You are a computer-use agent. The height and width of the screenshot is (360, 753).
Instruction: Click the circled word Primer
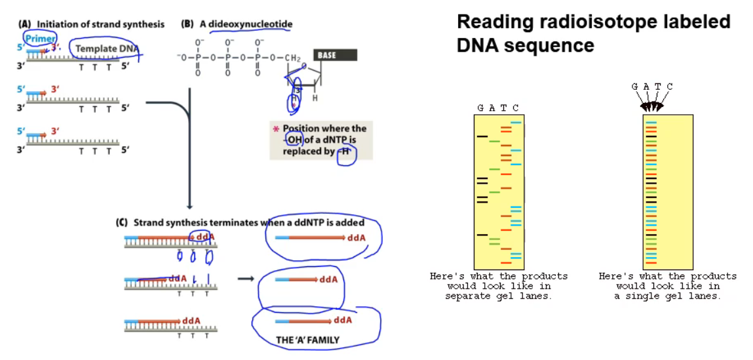tap(40, 39)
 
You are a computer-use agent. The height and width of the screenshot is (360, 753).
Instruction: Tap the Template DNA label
tap(106, 49)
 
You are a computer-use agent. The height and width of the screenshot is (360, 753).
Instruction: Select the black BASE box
tap(335, 55)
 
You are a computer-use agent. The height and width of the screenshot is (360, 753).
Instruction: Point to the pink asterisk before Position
tap(276, 129)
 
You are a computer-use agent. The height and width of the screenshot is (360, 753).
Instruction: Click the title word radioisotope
tap(580, 22)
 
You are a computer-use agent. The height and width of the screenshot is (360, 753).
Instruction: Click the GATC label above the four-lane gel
tap(498, 108)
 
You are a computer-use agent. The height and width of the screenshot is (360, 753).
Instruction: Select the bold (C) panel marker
tap(121, 223)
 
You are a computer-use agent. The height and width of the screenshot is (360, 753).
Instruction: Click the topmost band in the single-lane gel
tap(651, 122)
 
